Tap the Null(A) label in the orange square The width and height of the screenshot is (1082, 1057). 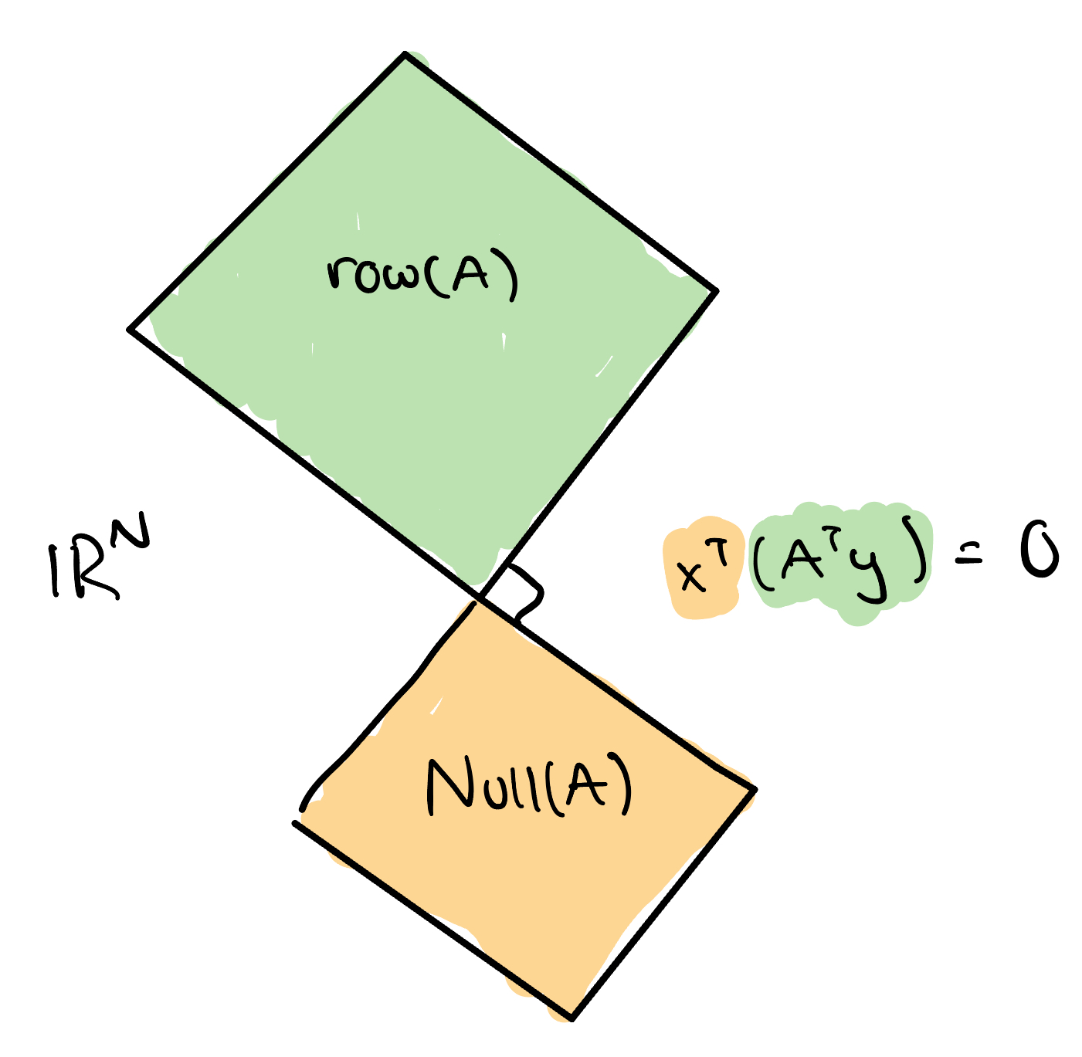click(530, 786)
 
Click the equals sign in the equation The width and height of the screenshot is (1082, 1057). click(972, 556)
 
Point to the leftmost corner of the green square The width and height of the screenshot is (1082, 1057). click(129, 330)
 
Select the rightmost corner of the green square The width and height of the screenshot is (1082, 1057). click(717, 291)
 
